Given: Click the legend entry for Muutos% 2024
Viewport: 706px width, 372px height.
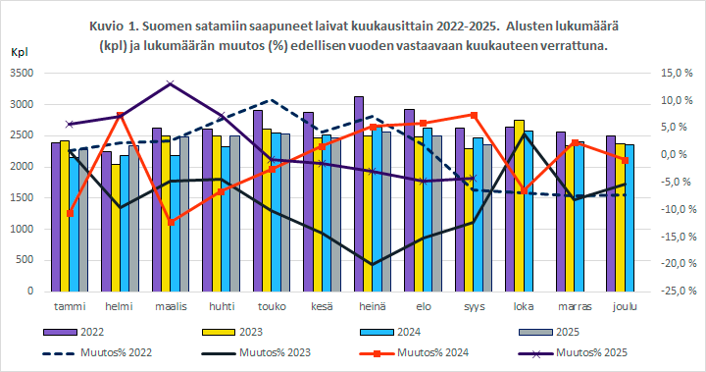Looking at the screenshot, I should click(393, 351).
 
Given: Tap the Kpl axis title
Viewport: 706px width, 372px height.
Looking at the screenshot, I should click(19, 52).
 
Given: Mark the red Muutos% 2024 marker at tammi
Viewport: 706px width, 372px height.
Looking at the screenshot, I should click(70, 213).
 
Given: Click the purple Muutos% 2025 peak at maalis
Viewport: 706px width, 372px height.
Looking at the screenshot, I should click(171, 84).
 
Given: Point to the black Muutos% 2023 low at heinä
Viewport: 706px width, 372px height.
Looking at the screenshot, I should click(372, 264).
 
